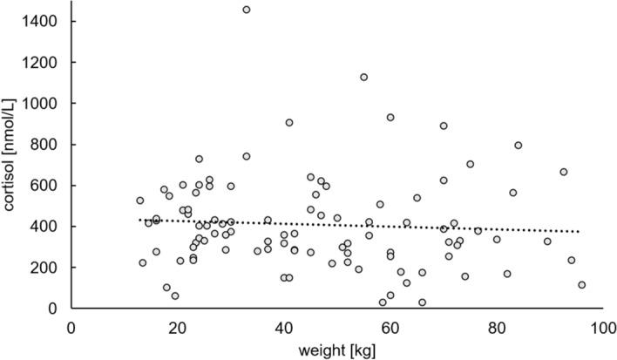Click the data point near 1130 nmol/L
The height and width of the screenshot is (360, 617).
tap(363, 77)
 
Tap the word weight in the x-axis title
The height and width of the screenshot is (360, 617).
tap(316, 350)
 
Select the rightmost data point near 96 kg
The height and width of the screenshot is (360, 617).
tap(581, 285)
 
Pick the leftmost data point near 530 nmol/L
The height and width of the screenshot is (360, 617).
tap(139, 200)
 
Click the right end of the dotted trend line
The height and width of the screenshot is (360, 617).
tap(579, 232)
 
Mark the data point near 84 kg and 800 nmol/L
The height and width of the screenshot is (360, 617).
tap(518, 146)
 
